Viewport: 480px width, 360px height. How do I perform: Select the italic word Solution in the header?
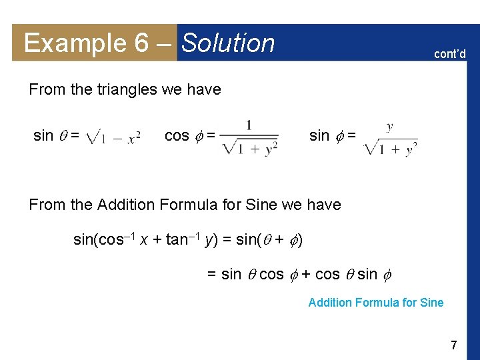point(228,43)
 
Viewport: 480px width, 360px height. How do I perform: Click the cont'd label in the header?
point(450,53)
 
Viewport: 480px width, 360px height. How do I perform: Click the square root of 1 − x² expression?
point(113,138)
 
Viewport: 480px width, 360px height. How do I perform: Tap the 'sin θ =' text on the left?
point(57,136)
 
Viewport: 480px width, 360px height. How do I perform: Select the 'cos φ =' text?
point(189,136)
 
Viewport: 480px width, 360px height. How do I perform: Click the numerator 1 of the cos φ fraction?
point(249,125)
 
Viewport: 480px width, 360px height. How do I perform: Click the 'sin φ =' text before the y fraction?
point(332,136)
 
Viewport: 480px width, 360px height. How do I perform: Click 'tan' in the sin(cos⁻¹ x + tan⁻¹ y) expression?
point(176,240)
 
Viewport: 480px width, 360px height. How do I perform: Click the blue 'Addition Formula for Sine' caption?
point(375,303)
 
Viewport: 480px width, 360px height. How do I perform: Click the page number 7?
point(453,345)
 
